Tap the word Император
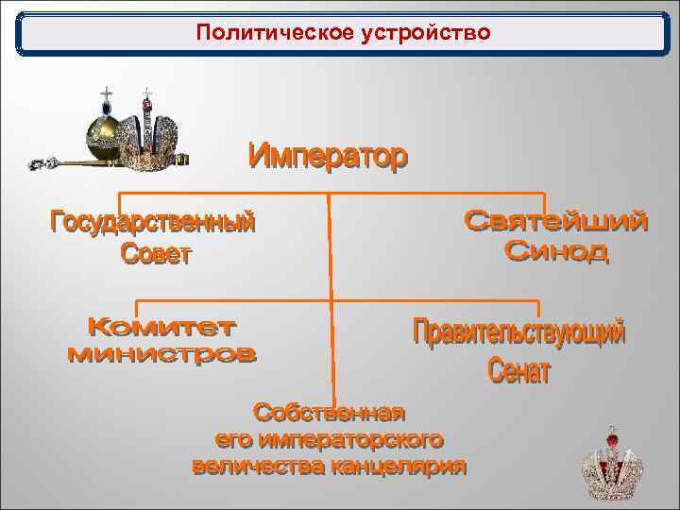[x=329, y=156]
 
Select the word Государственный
[x=152, y=224]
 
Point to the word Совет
[x=156, y=254]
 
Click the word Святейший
[x=557, y=222]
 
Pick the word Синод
[x=557, y=252]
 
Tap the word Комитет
[x=161, y=328]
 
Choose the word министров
[x=161, y=355]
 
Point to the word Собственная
[x=330, y=413]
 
